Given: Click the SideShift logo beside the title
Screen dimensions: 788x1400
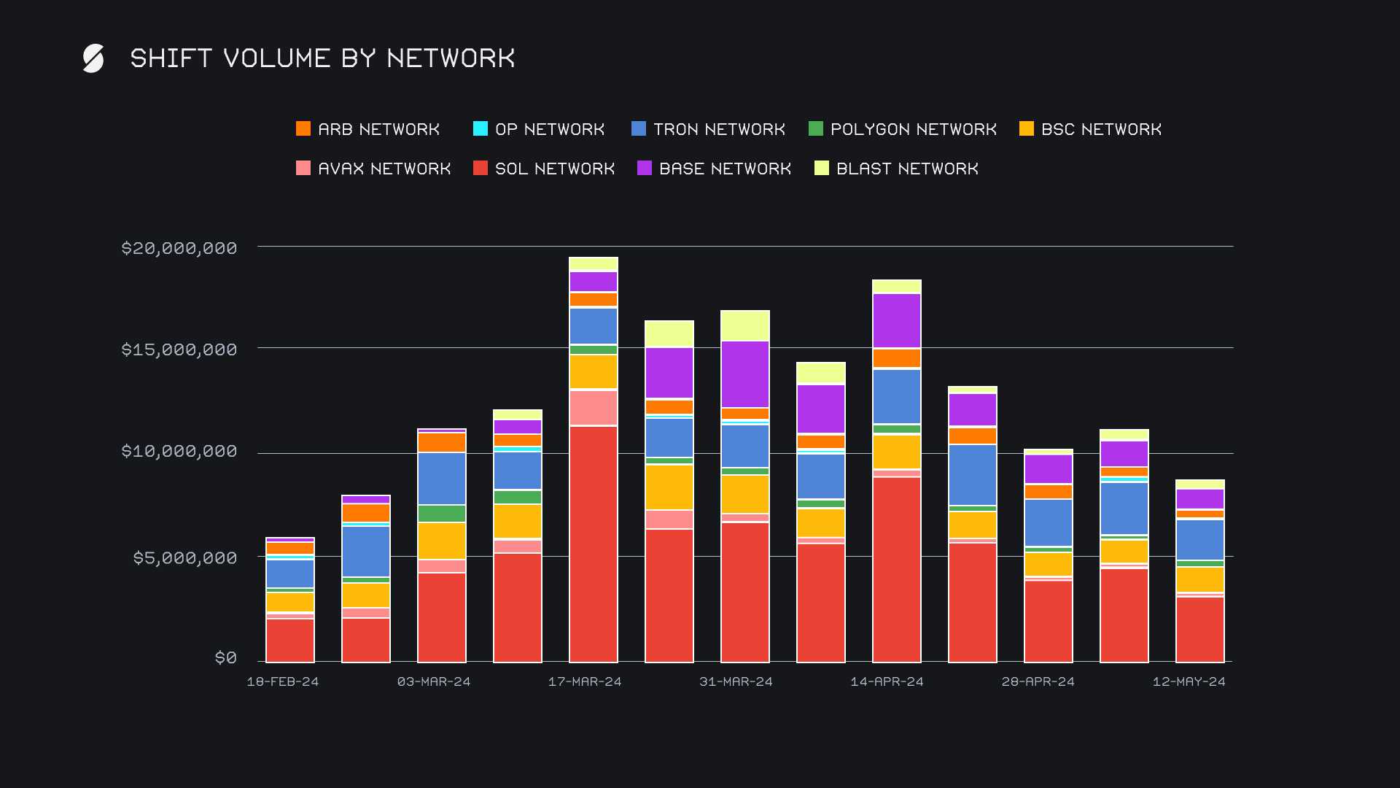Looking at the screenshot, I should (x=93, y=58).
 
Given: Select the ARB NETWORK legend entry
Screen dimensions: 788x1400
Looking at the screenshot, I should (x=368, y=129).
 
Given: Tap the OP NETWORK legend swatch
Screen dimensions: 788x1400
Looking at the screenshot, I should (x=481, y=129).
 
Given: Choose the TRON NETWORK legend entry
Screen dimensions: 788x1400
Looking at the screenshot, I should (x=708, y=129).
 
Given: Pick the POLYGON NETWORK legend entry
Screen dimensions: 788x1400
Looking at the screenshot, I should (x=903, y=129).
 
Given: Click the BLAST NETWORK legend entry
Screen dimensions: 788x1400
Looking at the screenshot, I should (x=897, y=169).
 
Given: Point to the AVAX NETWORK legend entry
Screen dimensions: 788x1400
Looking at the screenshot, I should (x=373, y=169).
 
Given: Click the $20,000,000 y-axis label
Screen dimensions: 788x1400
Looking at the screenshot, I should (x=179, y=248).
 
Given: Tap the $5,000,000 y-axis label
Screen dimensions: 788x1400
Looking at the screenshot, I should (x=185, y=558).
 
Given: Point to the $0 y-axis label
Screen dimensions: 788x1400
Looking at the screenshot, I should (x=226, y=658).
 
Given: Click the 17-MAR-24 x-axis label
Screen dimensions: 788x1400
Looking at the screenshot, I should (x=585, y=681).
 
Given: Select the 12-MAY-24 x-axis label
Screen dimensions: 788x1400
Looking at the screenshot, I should (x=1189, y=681).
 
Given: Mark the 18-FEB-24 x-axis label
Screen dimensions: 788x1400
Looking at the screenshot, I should (x=283, y=681).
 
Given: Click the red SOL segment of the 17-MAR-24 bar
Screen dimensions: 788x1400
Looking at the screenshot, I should (x=594, y=544).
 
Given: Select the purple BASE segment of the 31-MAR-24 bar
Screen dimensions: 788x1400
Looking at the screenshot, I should (x=745, y=374).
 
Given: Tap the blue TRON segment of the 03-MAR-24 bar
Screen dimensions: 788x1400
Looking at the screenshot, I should (x=442, y=479).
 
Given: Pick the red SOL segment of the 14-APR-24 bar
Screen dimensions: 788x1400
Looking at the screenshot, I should (x=897, y=569).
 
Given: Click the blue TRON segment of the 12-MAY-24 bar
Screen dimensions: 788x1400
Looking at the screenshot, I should (x=1200, y=540).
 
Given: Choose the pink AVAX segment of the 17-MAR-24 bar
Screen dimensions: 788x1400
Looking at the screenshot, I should (x=594, y=408).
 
